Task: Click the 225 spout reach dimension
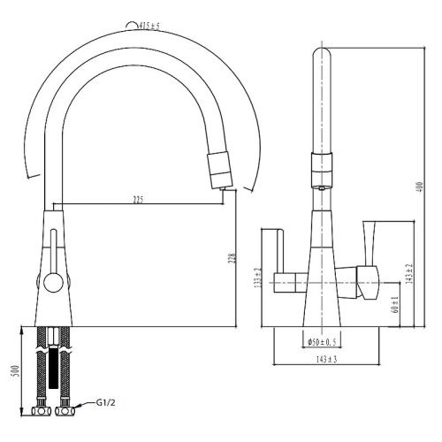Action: coord(137,199)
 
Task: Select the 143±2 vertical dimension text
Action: coord(409,274)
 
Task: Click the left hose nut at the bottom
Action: coord(41,409)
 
